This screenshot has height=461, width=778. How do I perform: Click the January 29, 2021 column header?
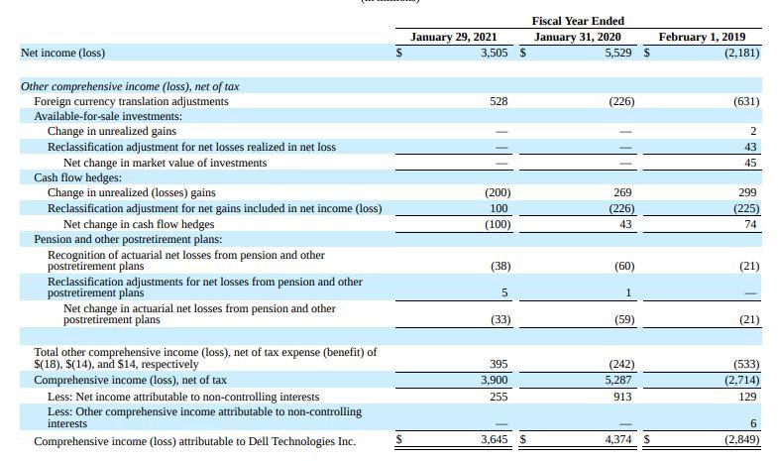click(x=453, y=37)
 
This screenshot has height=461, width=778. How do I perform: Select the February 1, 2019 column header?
click(x=702, y=37)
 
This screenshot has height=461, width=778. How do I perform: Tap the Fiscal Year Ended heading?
click(x=578, y=21)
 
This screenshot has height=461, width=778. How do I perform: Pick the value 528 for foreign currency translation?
click(x=500, y=101)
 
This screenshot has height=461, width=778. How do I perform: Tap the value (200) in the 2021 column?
click(x=498, y=192)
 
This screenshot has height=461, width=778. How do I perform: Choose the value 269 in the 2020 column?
click(x=624, y=192)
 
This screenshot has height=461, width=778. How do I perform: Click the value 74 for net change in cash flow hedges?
click(x=750, y=224)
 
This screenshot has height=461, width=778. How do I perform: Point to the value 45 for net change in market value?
click(x=750, y=162)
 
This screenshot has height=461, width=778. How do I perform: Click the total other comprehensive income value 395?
click(x=500, y=364)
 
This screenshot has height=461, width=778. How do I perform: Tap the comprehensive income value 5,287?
click(x=619, y=380)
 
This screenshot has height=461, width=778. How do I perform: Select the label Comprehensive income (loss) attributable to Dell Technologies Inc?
click(x=194, y=441)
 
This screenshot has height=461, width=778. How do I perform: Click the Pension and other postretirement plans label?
click(x=128, y=239)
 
